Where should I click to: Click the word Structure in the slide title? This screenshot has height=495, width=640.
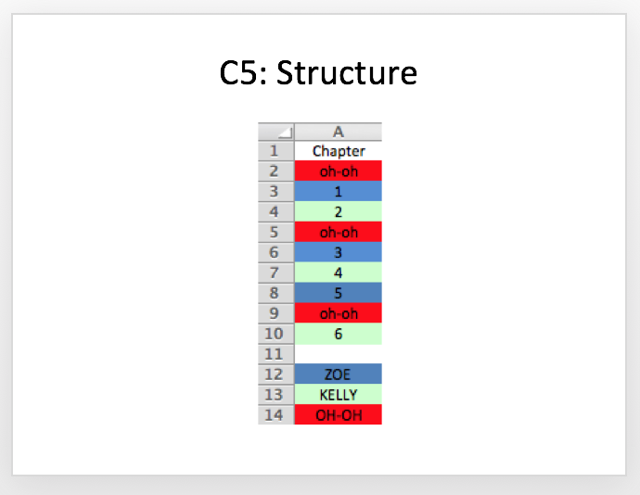click(x=347, y=73)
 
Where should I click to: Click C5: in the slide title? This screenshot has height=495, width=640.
click(x=243, y=73)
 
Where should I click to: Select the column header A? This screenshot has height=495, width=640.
click(x=338, y=132)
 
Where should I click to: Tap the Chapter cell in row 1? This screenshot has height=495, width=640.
click(x=338, y=151)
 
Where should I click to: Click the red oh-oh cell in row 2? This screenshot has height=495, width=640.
click(x=338, y=171)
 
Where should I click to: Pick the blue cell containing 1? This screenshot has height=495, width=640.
click(x=338, y=191)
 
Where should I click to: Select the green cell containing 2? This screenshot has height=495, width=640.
click(x=338, y=211)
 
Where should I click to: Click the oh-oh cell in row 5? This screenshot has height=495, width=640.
click(x=338, y=232)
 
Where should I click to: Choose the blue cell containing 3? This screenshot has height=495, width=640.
click(x=338, y=252)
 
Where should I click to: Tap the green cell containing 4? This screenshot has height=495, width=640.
click(x=338, y=273)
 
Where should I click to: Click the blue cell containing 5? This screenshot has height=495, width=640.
click(x=338, y=293)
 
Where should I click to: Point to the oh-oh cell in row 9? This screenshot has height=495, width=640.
click(x=338, y=313)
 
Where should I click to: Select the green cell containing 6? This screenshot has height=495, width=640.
click(x=338, y=334)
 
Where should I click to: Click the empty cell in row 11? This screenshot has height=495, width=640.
click(x=338, y=354)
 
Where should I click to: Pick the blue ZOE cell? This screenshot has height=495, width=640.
click(x=338, y=374)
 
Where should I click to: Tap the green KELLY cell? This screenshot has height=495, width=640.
click(x=338, y=394)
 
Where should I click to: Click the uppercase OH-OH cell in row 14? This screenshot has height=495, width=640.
click(x=338, y=414)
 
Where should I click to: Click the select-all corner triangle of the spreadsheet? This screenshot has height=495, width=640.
click(x=288, y=133)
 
